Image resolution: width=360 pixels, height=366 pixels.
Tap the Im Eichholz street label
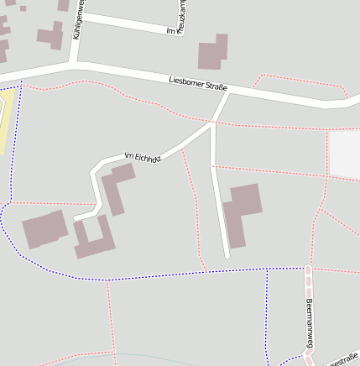pos(142,156)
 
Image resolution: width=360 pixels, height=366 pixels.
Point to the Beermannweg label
pos(310,323)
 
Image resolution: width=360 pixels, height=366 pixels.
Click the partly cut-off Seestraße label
pos(343,361)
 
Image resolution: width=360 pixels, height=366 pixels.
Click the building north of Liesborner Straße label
pos(213,52)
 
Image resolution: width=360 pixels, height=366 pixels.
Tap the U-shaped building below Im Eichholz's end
pos(92,239)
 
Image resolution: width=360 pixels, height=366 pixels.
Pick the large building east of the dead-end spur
pos(242,212)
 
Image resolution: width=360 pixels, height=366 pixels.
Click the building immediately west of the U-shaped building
pos(44,229)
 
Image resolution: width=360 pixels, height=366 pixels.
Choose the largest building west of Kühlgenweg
pos(51,35)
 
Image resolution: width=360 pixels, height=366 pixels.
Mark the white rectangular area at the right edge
pos(345,154)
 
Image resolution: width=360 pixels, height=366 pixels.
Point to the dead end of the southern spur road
pos(227,255)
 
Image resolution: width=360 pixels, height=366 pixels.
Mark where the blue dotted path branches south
pos(267,269)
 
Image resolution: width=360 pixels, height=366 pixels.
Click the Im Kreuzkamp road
pos(134,24)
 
